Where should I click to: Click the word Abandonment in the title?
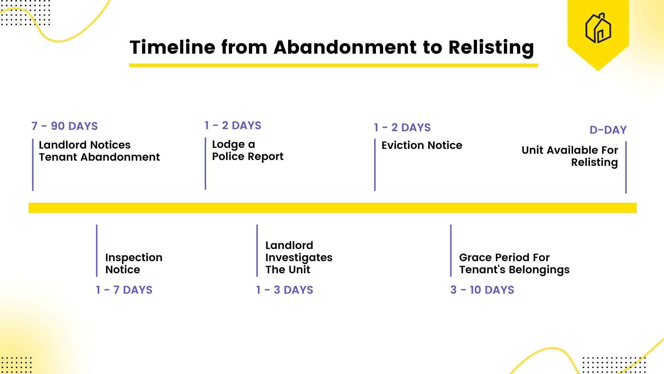click(x=345, y=47)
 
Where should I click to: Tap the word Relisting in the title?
click(x=491, y=48)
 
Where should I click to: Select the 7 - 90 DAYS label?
click(x=65, y=126)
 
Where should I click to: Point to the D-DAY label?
click(x=608, y=130)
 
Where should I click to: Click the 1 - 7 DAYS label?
click(x=124, y=290)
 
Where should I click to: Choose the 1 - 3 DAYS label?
click(x=285, y=290)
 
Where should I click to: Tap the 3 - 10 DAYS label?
click(x=482, y=290)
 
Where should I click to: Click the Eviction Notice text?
click(x=422, y=145)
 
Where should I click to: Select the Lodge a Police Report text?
click(x=247, y=150)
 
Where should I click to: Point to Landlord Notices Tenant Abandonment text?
click(x=99, y=151)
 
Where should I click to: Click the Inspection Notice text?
click(x=133, y=263)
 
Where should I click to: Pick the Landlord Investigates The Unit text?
click(x=298, y=257)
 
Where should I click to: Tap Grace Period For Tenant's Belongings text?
click(x=514, y=263)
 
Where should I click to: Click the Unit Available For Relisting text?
click(x=570, y=156)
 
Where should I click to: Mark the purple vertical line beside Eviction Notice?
click(x=375, y=165)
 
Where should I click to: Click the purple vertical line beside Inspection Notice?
click(x=97, y=250)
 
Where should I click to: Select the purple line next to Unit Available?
click(x=626, y=167)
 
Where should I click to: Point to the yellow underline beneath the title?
click(x=333, y=65)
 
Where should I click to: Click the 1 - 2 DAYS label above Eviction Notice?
click(x=402, y=127)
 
